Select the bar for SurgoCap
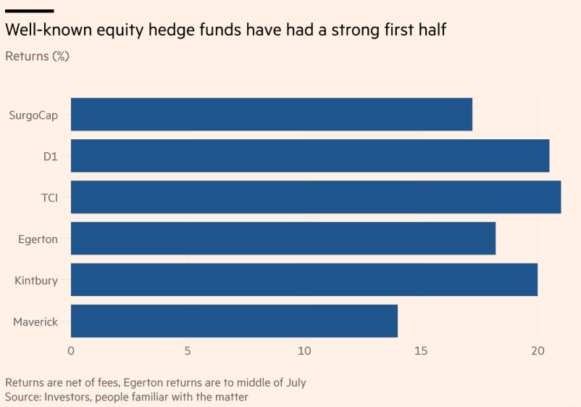[271, 115]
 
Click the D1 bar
[309, 156]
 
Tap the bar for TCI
[315, 197]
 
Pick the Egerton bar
[283, 239]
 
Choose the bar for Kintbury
[304, 280]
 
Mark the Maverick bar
[234, 321]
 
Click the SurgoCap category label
[33, 115]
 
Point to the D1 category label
[50, 157]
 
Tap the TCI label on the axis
[49, 197]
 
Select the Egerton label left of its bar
[38, 239]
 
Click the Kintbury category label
[36, 280]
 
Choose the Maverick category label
[35, 321]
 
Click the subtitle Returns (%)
[37, 56]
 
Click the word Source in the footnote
[23, 398]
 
